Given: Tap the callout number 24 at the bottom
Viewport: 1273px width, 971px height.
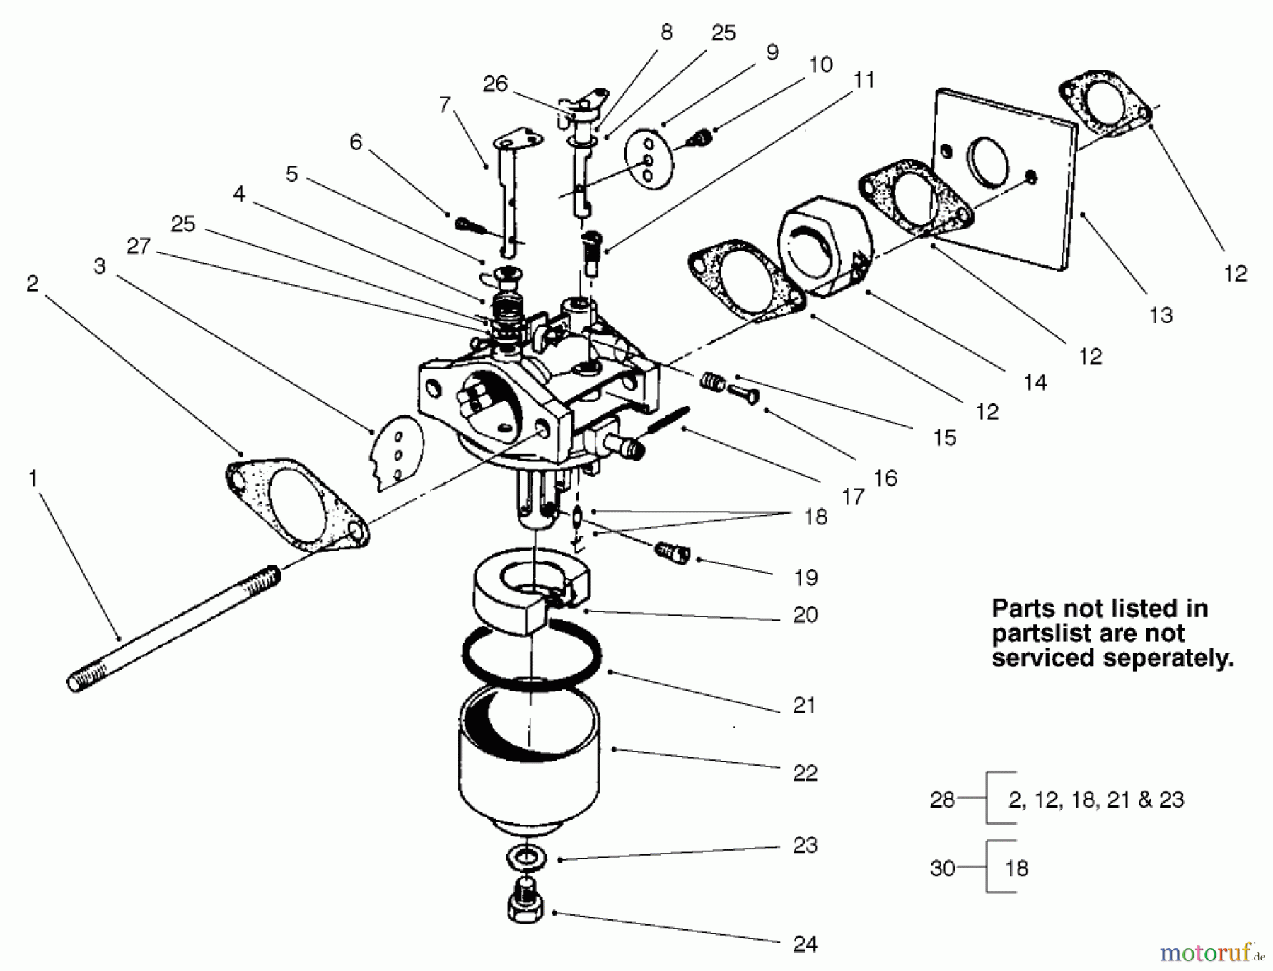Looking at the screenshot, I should pyautogui.click(x=806, y=943).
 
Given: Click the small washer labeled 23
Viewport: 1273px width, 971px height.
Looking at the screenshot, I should pyautogui.click(x=526, y=858).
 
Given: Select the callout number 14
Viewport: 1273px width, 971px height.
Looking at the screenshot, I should pyautogui.click(x=1035, y=383).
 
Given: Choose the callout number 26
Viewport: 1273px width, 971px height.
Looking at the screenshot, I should pyautogui.click(x=495, y=84).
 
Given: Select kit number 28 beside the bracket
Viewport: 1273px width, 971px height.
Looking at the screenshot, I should pyautogui.click(x=942, y=799).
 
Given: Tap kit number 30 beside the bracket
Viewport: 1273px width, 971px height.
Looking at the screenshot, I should pyautogui.click(x=942, y=868).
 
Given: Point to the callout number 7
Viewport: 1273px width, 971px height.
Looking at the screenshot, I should pyautogui.click(x=444, y=104).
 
